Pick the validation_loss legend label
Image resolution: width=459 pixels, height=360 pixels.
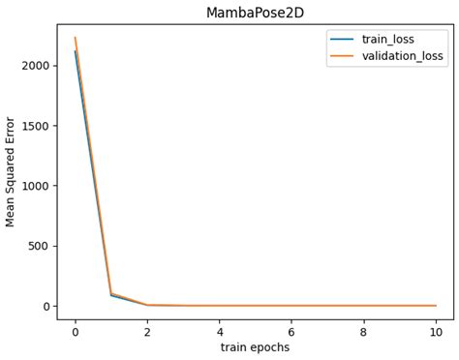point(404,56)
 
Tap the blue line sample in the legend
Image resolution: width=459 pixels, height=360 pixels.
point(342,40)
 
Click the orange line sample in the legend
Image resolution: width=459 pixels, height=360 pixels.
point(342,56)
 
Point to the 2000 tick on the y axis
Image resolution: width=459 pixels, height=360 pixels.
point(36,65)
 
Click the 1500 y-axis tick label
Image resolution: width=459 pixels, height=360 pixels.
point(36,126)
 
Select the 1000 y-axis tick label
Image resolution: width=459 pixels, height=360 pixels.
point(36,186)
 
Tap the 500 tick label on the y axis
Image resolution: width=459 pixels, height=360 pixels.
point(40,246)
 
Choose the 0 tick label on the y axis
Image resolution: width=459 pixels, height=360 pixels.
point(46,306)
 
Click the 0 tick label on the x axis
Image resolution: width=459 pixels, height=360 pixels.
point(75,330)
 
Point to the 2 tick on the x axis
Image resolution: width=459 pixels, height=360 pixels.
point(147,330)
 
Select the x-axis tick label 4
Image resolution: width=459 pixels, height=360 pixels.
point(220,330)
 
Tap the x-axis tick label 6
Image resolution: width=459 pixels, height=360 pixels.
point(291,330)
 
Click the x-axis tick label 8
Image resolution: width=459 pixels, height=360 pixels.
point(364,330)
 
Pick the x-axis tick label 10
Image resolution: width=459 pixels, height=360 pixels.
point(436,330)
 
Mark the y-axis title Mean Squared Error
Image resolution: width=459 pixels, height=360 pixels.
point(12,171)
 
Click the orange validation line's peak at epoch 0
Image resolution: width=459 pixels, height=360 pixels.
point(76,38)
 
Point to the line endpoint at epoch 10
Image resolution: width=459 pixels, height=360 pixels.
point(436,306)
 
